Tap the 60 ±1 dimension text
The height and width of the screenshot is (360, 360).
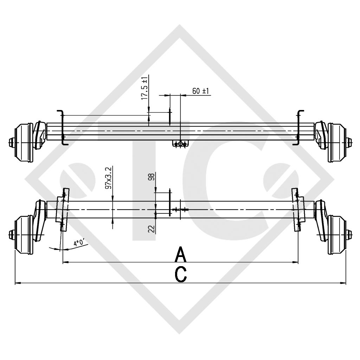[201, 91]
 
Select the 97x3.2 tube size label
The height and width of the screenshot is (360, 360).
[109, 178]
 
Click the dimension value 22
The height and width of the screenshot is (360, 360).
[152, 229]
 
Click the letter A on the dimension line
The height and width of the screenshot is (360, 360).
[180, 254]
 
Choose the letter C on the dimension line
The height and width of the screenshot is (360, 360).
[181, 275]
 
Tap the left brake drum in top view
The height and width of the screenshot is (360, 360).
[24, 142]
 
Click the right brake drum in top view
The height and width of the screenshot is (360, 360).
[337, 142]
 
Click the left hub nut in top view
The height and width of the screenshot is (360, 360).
[11, 142]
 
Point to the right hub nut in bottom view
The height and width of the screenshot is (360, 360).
[349, 234]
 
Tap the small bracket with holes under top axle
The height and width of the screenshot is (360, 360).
[181, 144]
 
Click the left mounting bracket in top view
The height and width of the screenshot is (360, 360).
[61, 127]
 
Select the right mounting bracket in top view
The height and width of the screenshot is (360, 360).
[300, 127]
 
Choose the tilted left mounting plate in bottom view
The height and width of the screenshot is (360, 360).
[63, 210]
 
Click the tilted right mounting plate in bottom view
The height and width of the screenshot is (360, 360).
[297, 210]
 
